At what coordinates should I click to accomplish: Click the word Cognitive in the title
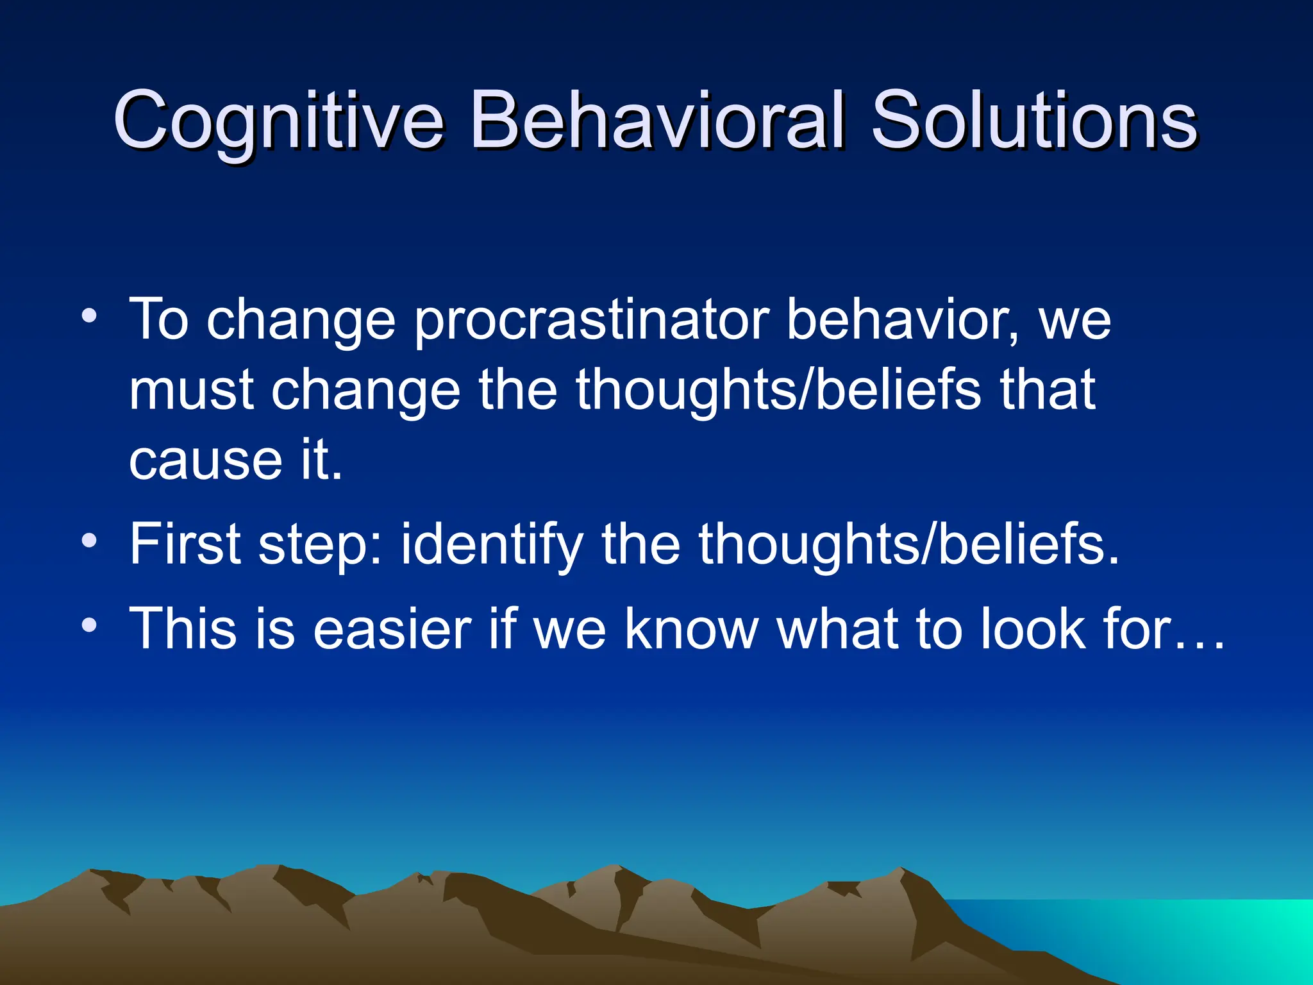tap(278, 121)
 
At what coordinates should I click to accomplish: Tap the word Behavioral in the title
tap(656, 121)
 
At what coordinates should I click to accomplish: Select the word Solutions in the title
tap(1033, 121)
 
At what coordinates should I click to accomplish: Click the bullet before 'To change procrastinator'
tap(90, 316)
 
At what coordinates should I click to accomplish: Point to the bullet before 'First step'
tap(90, 541)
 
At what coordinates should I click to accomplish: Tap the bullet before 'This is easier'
tap(90, 625)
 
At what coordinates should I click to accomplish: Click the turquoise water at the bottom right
tap(1186, 936)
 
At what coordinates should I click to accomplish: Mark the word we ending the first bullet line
tap(1075, 321)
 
